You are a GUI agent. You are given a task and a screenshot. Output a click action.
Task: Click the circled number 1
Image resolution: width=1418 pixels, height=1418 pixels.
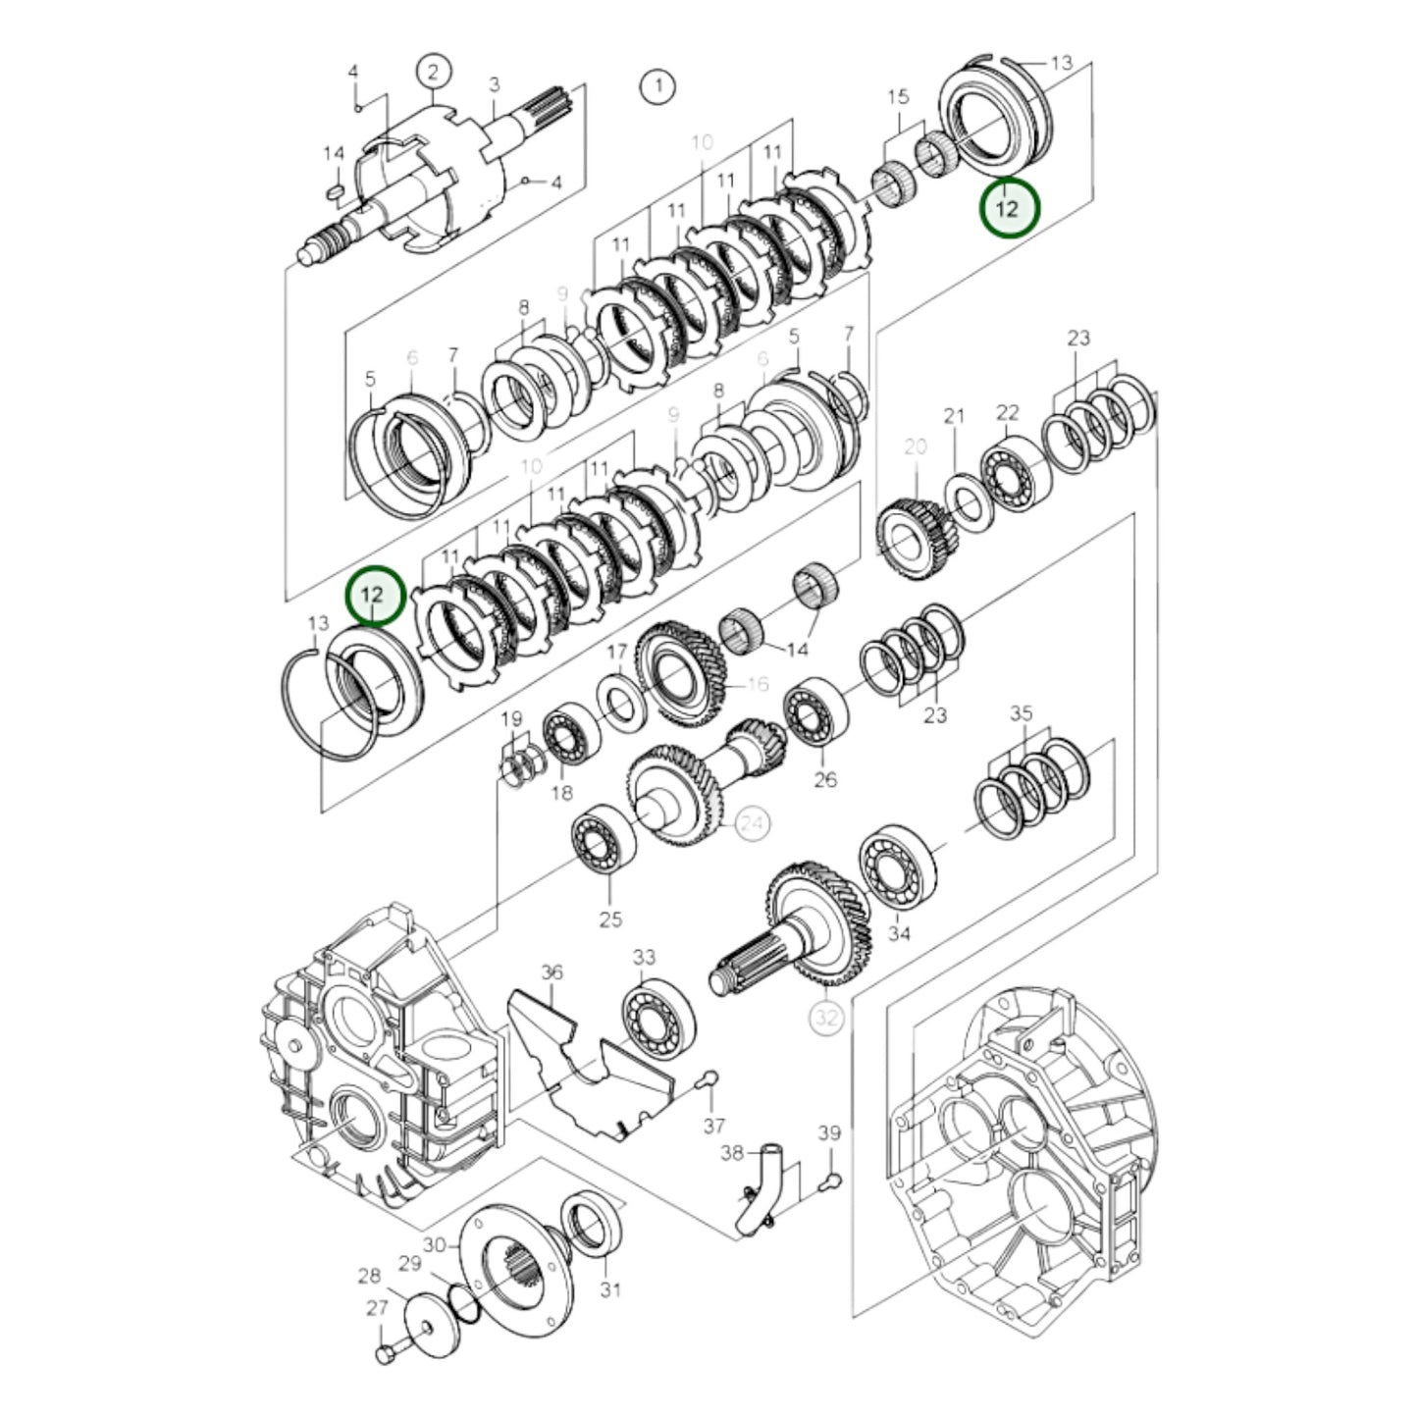(657, 86)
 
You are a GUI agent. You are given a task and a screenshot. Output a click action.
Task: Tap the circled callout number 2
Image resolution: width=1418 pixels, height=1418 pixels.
(433, 71)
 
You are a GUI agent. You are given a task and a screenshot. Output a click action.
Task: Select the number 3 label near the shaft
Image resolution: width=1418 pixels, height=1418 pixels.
(495, 85)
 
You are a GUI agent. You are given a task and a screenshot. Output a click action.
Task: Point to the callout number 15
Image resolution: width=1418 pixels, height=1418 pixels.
(898, 97)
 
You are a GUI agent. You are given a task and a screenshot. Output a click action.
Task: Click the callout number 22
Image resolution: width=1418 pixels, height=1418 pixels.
(1008, 413)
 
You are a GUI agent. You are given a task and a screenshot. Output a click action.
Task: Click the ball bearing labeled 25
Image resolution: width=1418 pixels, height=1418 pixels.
(603, 835)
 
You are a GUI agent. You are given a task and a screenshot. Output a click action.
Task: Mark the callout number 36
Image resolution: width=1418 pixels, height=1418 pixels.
(552, 972)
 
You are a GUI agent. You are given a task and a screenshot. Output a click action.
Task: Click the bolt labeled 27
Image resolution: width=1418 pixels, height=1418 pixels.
(385, 1354)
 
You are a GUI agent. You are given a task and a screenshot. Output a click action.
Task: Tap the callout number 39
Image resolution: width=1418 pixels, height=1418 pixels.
(829, 1133)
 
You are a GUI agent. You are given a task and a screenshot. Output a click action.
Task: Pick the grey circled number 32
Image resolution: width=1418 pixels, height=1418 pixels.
(826, 1018)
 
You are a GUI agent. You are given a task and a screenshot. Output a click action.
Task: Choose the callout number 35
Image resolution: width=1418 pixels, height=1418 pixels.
(1021, 713)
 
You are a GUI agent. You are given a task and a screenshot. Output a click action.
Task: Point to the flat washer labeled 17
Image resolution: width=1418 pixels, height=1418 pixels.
(620, 702)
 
